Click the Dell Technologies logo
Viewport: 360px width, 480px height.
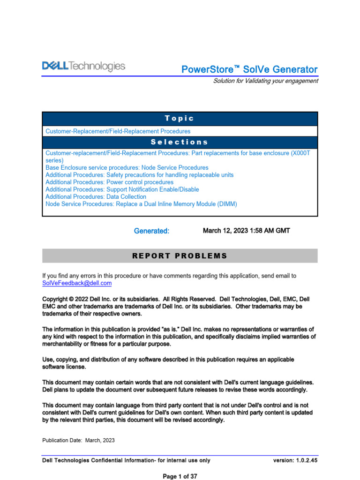84,67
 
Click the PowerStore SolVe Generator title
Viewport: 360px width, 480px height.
249,69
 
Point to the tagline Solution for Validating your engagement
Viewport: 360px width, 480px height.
265,81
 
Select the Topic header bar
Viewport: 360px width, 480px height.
180,119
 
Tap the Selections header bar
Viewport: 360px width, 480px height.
180,142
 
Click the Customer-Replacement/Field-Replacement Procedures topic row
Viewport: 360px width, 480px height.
118,131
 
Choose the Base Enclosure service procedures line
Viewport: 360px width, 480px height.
127,167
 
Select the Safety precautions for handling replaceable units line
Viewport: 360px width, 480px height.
139,175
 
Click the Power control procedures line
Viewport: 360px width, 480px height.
109,182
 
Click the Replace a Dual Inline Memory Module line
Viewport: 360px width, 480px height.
141,204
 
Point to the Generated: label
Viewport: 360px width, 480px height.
151,231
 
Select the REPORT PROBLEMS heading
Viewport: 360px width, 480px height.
180,256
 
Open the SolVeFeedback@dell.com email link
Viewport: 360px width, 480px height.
77,284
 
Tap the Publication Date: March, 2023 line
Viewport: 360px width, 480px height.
78,441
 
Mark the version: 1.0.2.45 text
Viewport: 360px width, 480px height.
295,460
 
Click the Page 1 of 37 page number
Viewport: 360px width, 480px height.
180,476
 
